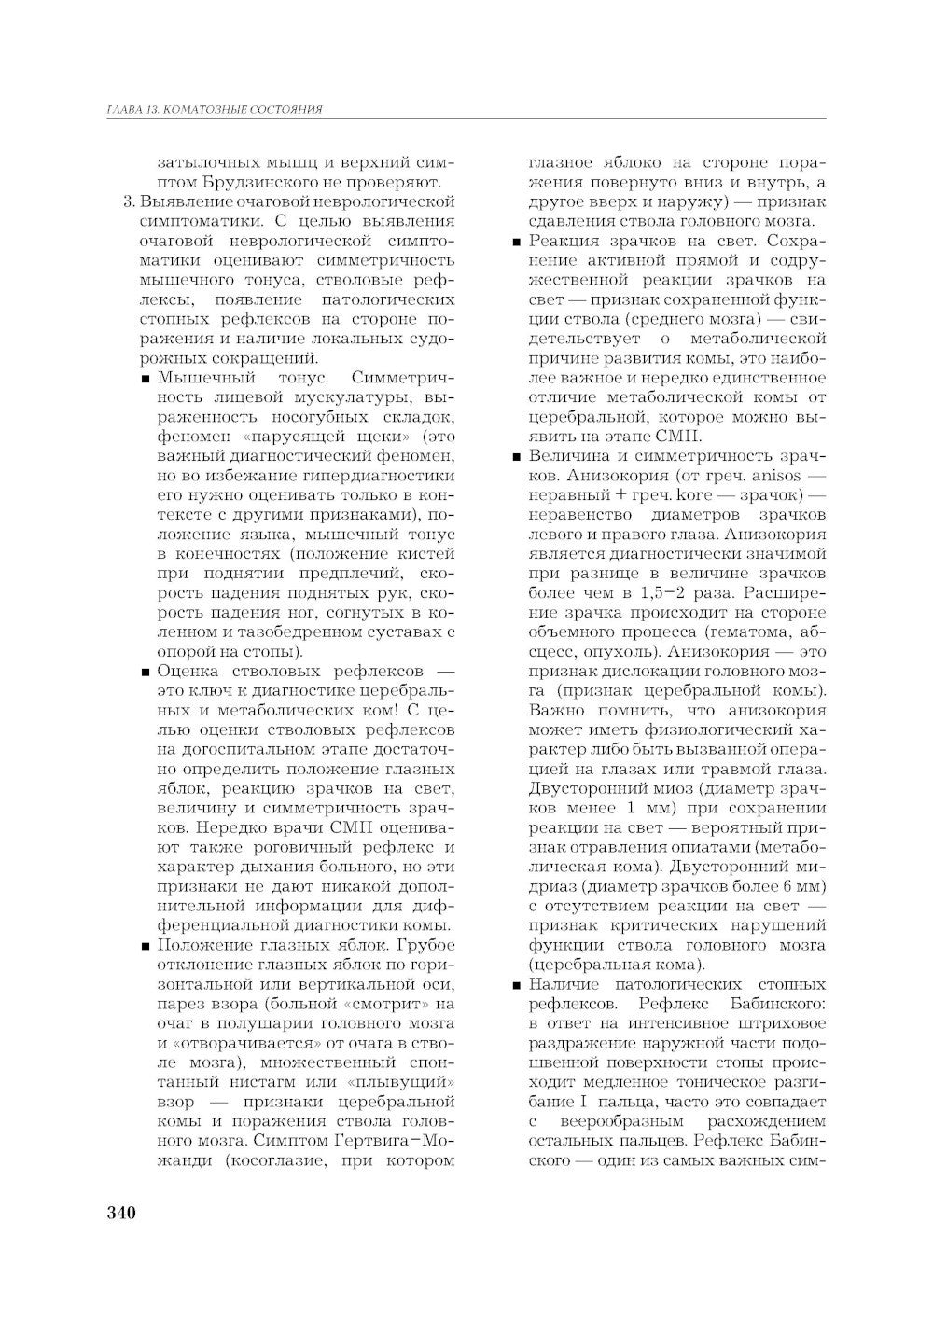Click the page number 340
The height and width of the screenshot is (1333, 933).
click(x=121, y=1212)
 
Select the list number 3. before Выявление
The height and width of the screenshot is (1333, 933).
click(x=129, y=201)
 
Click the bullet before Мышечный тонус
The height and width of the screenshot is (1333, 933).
click(x=147, y=379)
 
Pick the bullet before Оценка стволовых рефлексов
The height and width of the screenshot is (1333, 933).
click(x=147, y=673)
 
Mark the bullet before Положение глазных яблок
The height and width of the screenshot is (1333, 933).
click(x=147, y=947)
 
